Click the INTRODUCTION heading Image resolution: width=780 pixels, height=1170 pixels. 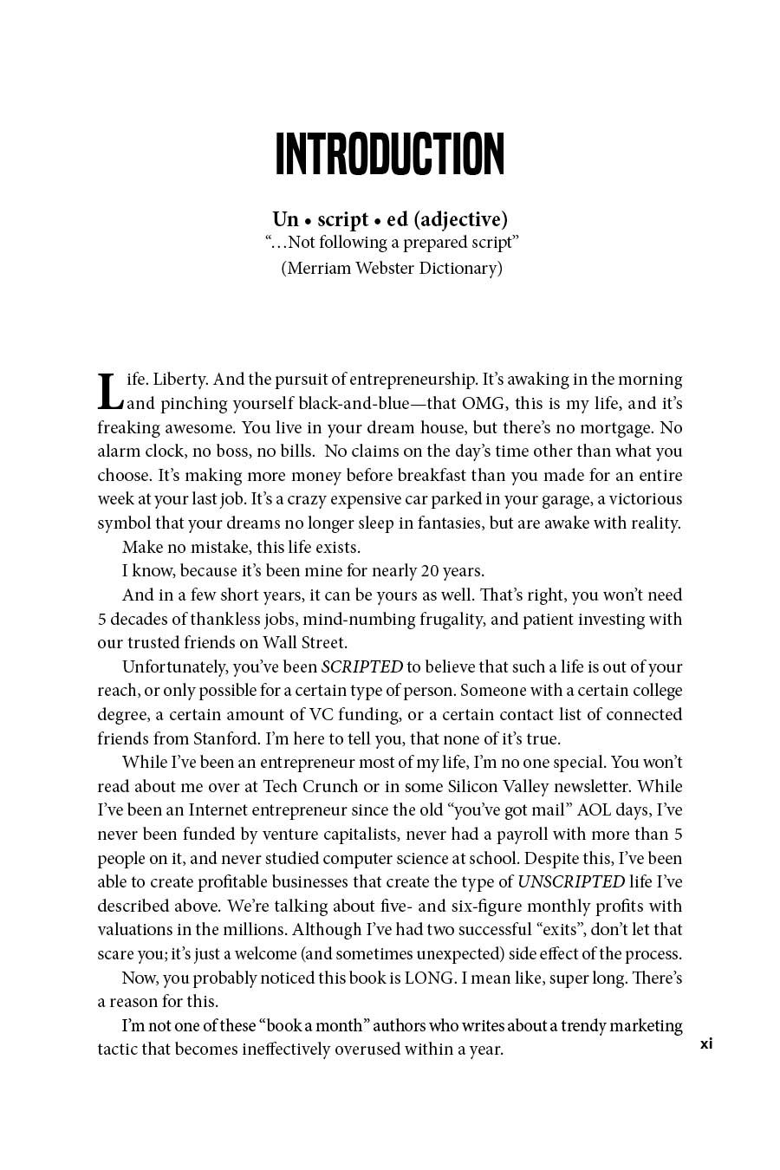tap(389, 156)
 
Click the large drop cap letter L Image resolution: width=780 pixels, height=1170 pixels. tap(109, 392)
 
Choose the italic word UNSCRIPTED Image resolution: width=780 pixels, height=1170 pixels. tap(571, 882)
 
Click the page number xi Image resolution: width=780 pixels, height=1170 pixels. tap(706, 1043)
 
